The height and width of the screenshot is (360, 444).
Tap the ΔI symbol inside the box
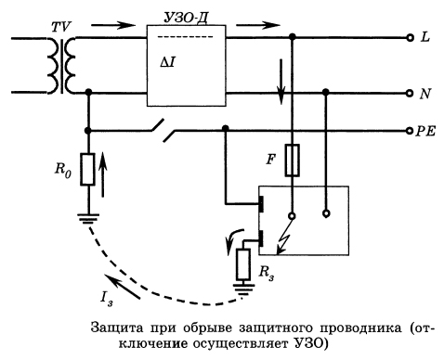[x=168, y=61]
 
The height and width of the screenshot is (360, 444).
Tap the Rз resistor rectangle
[x=244, y=264]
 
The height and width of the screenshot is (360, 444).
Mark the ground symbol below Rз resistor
[x=244, y=291]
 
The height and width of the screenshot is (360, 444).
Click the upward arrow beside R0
[x=105, y=173]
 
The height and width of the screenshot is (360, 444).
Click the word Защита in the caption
[x=120, y=326]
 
